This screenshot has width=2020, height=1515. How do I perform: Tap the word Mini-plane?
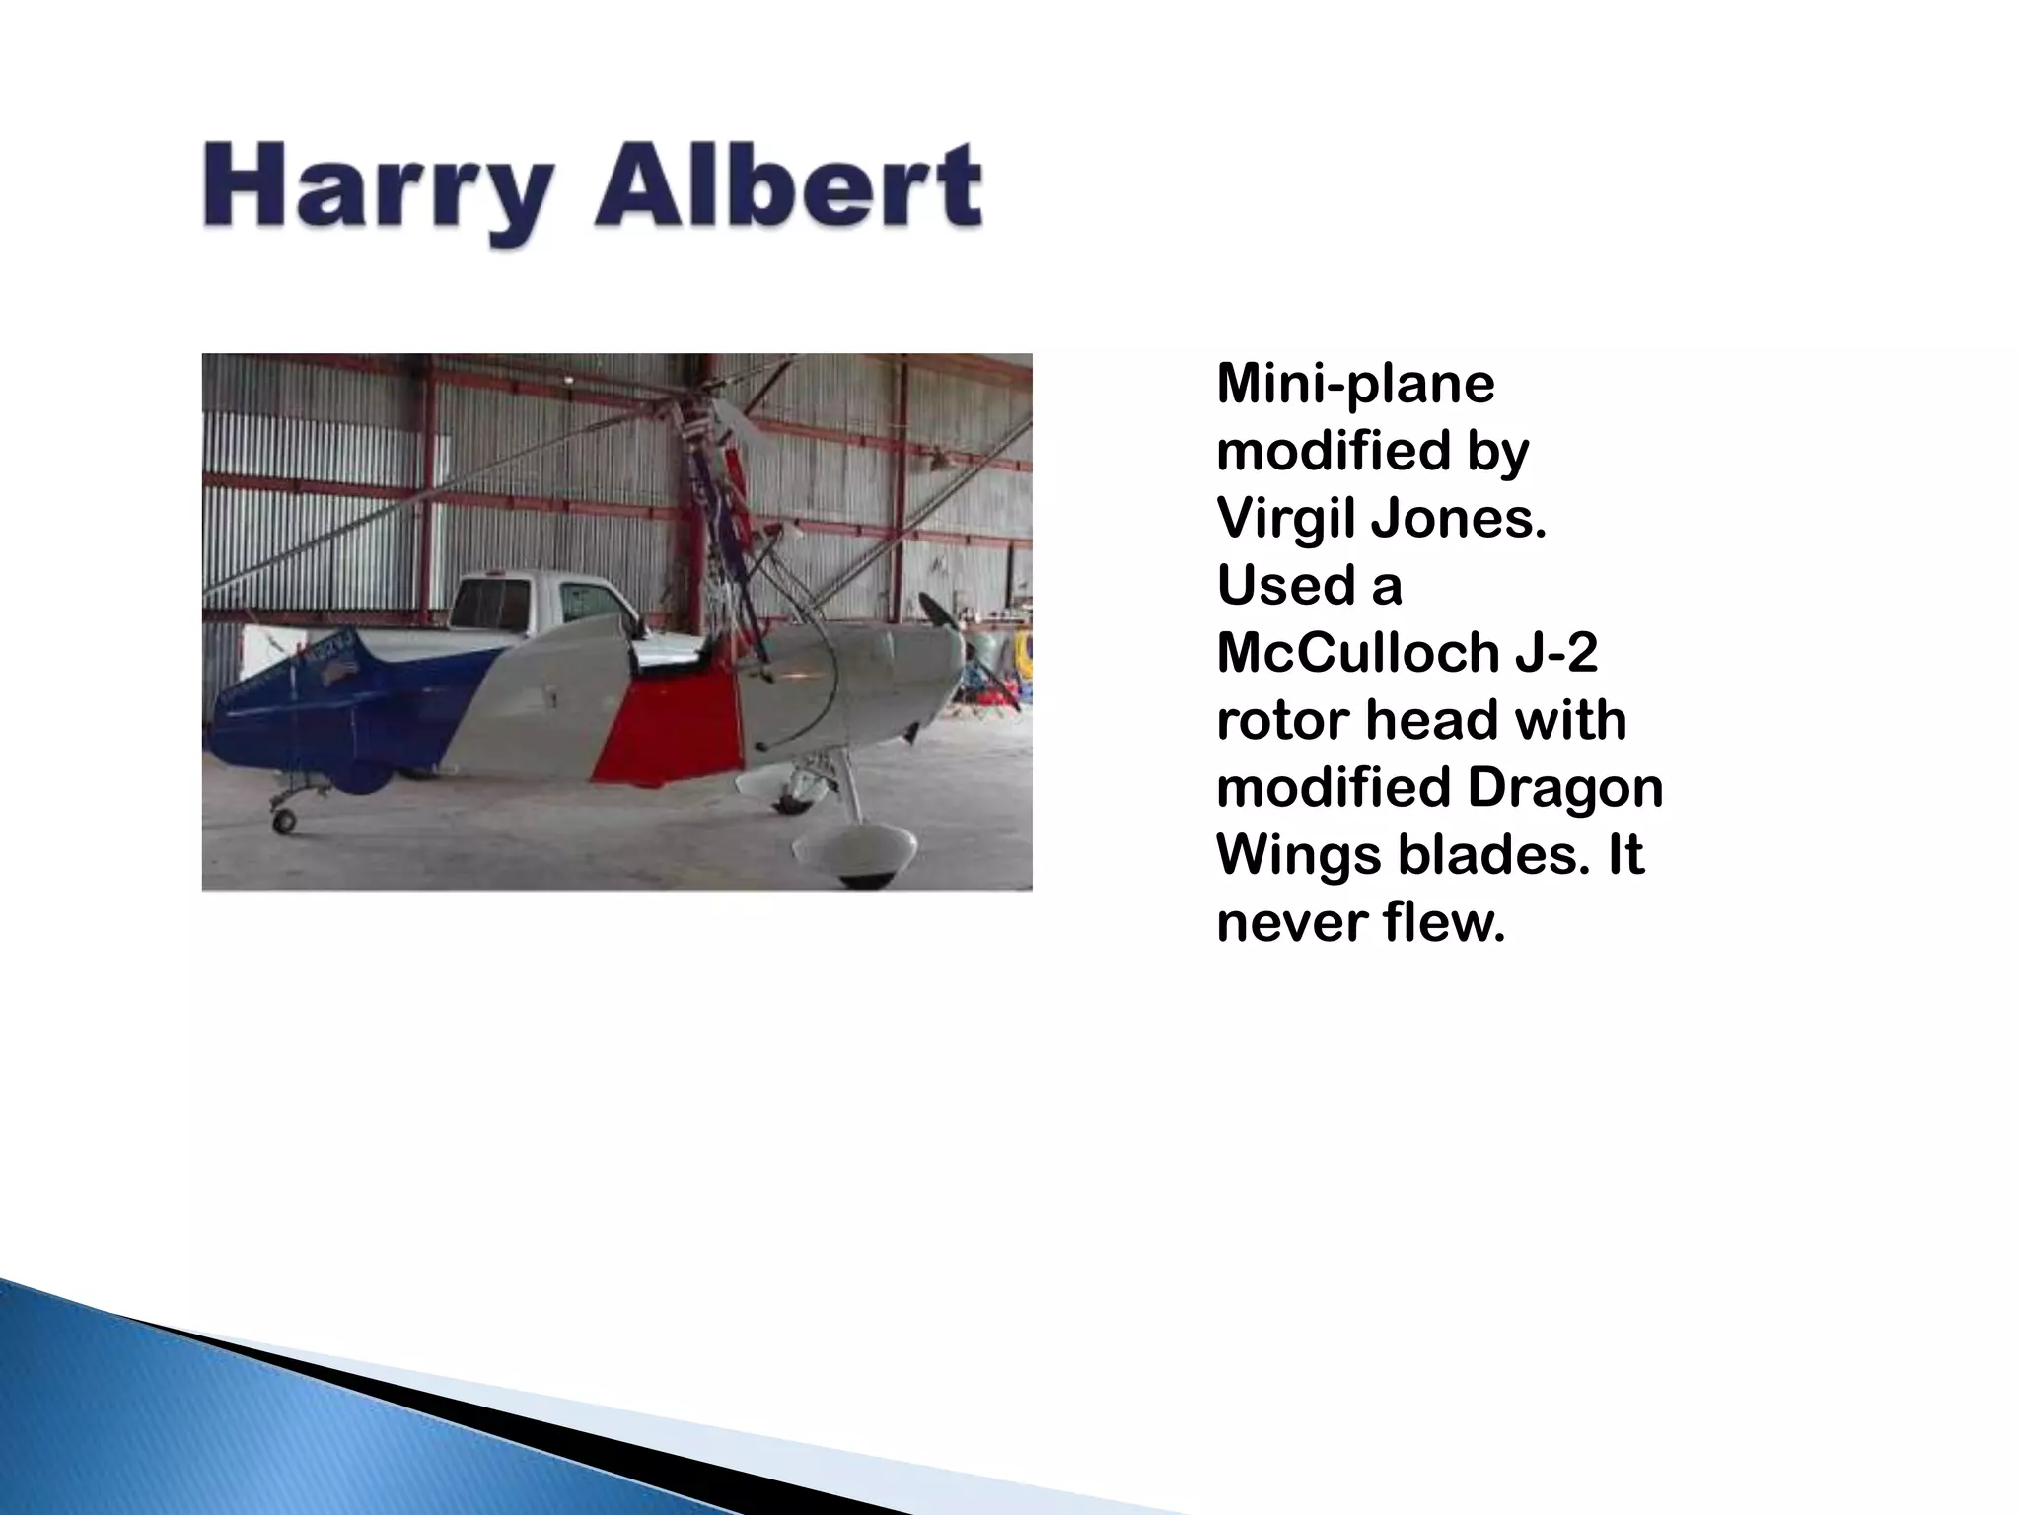(1355, 384)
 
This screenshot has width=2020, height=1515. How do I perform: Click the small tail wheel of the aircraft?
(284, 819)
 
